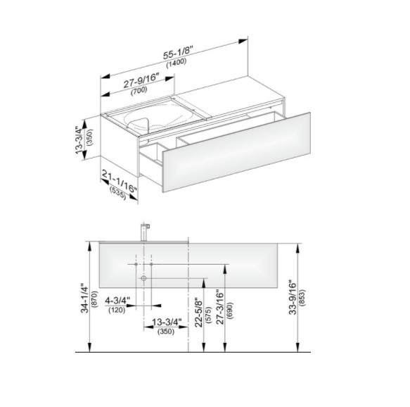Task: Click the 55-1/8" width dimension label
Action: coord(178,52)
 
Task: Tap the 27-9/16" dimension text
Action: coord(141,81)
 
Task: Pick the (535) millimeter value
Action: coord(117,192)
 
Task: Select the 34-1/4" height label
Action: coord(85,298)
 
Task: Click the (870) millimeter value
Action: coord(95,299)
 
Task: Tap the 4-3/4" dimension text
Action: coord(117,301)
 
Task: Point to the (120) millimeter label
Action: coord(117,310)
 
